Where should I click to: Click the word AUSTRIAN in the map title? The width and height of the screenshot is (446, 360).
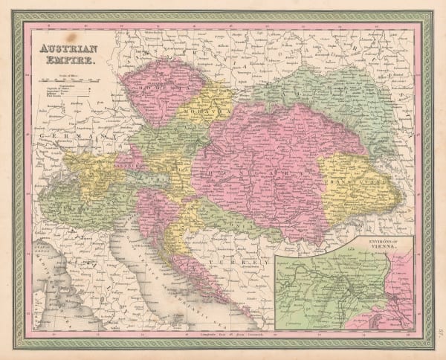[x=64, y=45]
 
